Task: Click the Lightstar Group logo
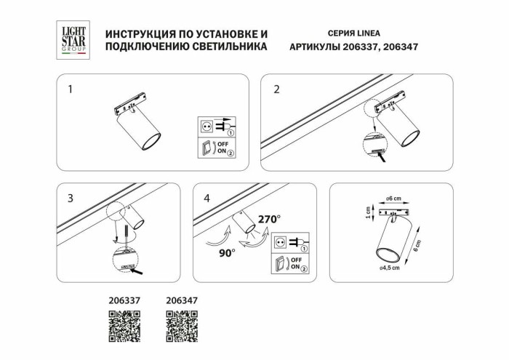point(73,40)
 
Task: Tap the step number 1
point(70,90)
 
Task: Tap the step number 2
point(276,90)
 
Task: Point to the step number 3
point(70,198)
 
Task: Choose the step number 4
point(207,198)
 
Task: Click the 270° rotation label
point(269,217)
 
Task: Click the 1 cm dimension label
point(369,212)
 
